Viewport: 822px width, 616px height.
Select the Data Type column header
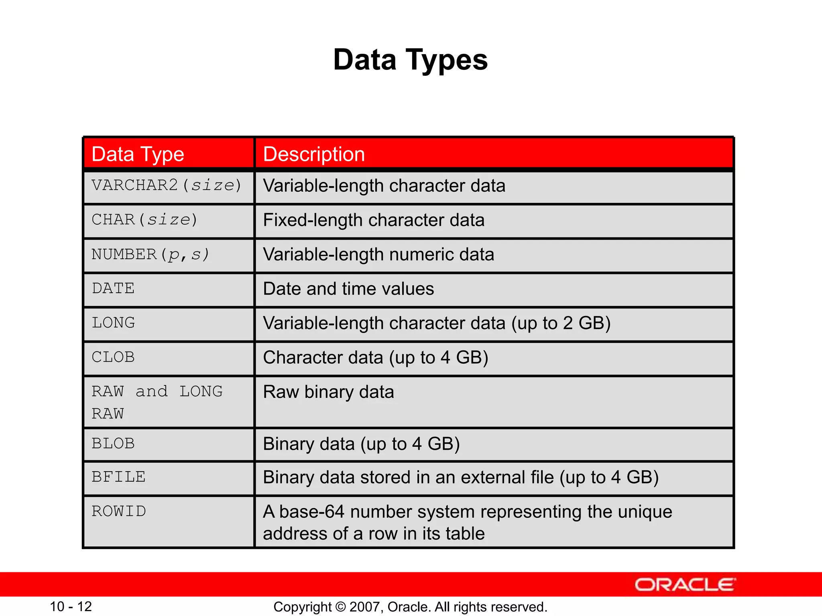coord(138,154)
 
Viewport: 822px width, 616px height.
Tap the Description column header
coord(314,154)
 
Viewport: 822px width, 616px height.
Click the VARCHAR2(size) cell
coord(167,186)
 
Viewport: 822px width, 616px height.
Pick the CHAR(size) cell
coord(144,220)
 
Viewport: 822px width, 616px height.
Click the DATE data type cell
coord(113,289)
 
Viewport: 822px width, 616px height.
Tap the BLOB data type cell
coord(113,444)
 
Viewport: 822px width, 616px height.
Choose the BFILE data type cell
coord(118,477)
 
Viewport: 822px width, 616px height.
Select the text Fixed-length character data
coord(374,220)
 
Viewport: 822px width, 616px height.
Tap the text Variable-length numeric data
coord(378,255)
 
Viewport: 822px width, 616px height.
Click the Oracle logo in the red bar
coord(685,585)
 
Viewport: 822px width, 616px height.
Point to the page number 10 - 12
coord(71,606)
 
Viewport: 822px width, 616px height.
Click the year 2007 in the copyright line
coord(362,607)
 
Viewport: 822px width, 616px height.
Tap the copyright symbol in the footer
coord(340,607)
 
